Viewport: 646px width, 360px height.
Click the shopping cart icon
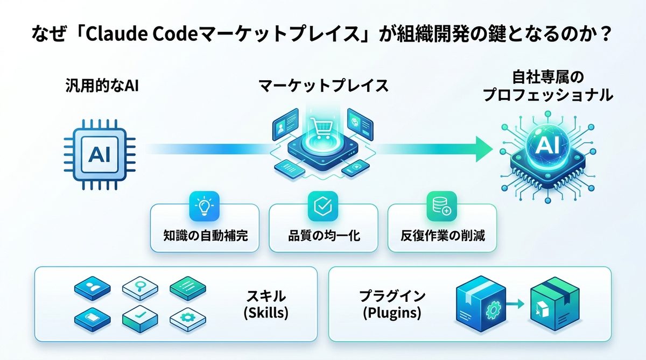(322, 129)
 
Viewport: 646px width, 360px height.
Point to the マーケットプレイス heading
(323, 86)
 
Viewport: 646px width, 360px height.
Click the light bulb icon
(205, 206)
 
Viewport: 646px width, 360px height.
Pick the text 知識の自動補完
(205, 236)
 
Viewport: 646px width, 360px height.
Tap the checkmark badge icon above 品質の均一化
(322, 206)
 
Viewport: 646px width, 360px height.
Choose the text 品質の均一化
(323, 236)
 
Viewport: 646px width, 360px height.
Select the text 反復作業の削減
(443, 236)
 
